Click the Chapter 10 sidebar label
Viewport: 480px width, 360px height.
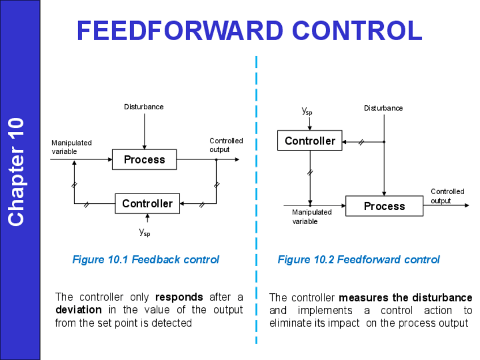click(16, 172)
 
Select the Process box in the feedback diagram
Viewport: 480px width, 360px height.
click(144, 160)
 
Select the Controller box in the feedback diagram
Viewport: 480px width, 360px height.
click(147, 204)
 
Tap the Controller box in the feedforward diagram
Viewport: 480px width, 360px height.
click(310, 141)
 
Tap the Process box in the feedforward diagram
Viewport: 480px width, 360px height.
click(384, 206)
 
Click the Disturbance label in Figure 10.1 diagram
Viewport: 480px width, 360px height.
click(144, 107)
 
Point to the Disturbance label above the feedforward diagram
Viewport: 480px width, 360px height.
click(383, 108)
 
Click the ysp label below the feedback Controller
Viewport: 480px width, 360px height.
click(145, 232)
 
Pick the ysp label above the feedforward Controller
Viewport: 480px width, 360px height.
click(307, 112)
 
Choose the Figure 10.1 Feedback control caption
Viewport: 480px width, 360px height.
click(145, 260)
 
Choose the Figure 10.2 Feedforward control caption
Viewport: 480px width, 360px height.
click(358, 260)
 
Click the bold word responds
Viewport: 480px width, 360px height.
click(179, 297)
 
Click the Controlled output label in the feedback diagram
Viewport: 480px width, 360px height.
click(226, 145)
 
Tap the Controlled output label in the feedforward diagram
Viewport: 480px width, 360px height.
click(447, 196)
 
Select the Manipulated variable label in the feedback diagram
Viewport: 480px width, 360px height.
click(71, 147)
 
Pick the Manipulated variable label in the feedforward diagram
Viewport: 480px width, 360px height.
click(311, 217)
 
